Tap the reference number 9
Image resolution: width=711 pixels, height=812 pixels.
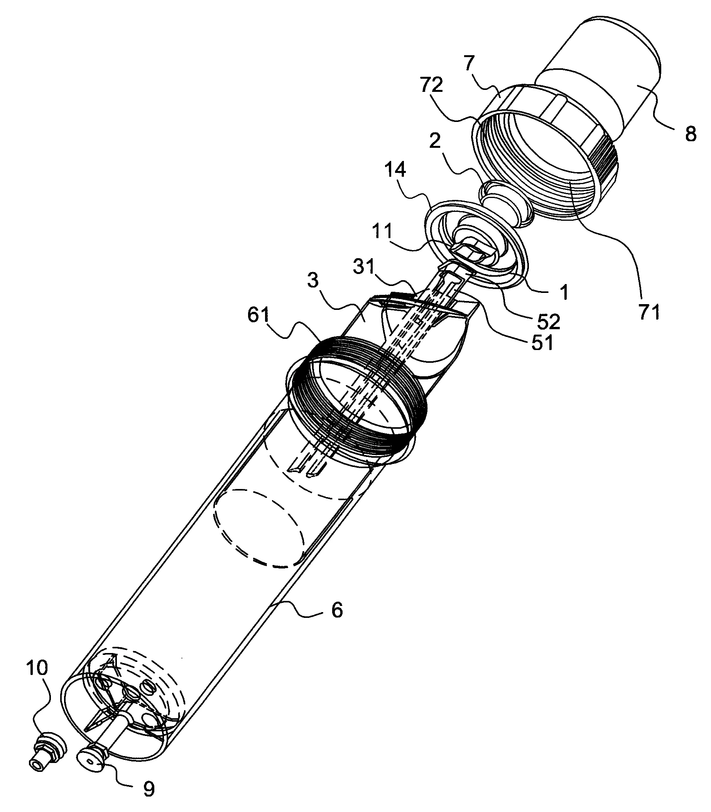[149, 790]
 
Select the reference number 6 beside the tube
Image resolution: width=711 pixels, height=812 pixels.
[337, 610]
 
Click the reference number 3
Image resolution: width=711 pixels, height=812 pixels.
[313, 281]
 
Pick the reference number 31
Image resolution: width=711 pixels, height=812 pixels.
[364, 267]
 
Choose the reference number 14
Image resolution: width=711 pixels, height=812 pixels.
[395, 170]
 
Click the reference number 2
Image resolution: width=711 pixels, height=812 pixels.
[435, 141]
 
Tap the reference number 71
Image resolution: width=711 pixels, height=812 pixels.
[650, 312]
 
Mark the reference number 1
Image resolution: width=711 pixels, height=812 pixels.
[564, 293]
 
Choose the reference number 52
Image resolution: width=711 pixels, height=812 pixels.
[549, 322]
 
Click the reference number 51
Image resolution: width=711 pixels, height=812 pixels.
[542, 342]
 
